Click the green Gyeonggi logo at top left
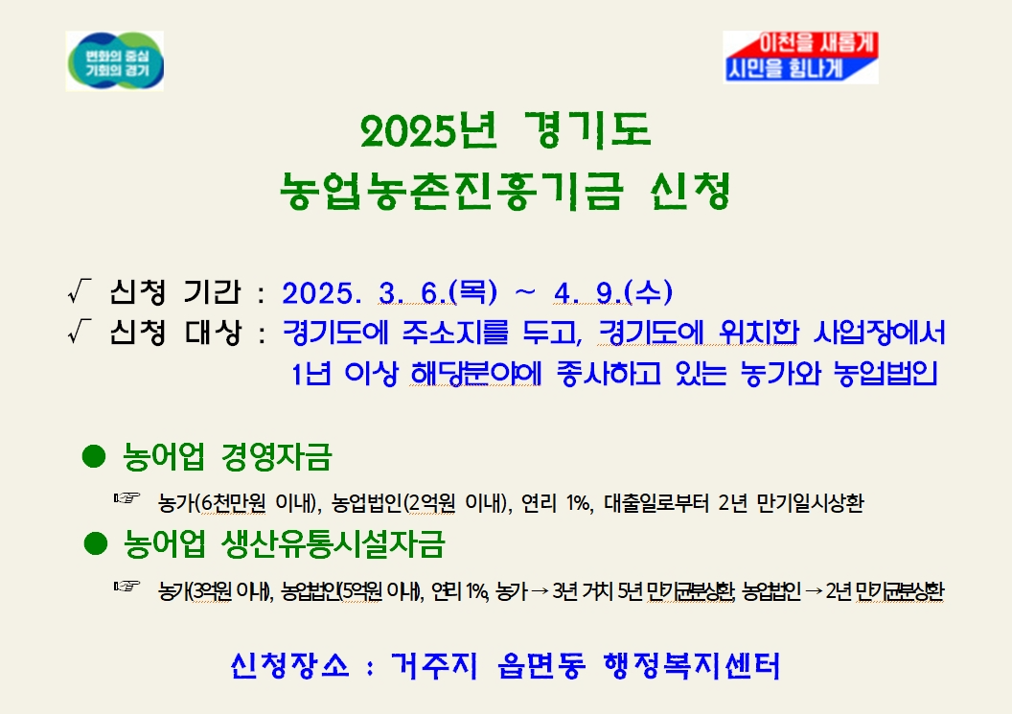click(x=114, y=60)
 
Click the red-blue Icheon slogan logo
click(x=800, y=57)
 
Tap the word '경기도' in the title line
click(x=588, y=132)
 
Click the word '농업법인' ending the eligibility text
click(x=885, y=373)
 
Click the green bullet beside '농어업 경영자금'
click(x=93, y=456)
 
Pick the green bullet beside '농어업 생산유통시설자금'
click(x=94, y=544)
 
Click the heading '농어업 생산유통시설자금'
click(x=284, y=545)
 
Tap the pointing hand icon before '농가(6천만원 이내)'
click(x=126, y=498)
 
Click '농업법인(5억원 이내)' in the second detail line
click(x=351, y=589)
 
